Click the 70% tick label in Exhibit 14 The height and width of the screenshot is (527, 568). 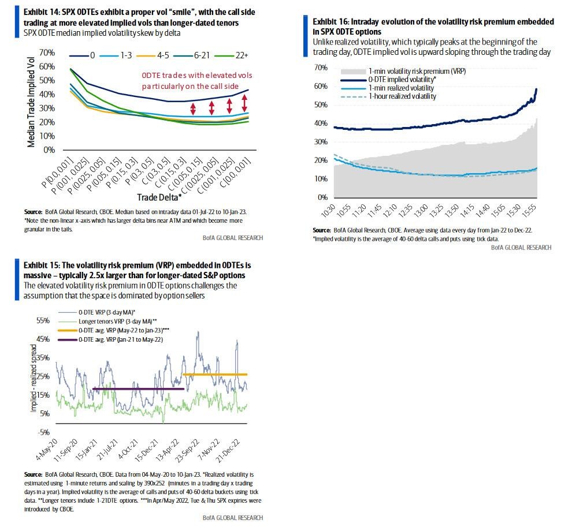[x=47, y=53]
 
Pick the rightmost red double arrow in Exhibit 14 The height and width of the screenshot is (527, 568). [x=244, y=103]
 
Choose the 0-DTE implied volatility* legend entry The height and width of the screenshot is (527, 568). [x=406, y=80]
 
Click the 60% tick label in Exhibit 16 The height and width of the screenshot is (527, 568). [x=320, y=86]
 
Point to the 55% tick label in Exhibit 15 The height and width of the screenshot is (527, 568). [x=44, y=320]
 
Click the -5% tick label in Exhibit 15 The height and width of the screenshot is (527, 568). [x=44, y=432]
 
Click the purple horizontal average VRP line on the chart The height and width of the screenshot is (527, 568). [x=138, y=389]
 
